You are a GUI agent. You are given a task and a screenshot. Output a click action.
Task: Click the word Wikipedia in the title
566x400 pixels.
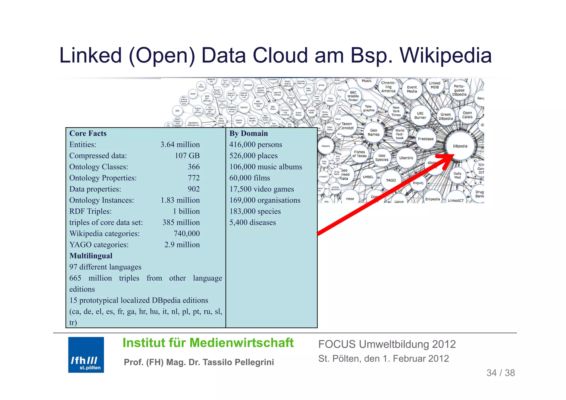tap(446, 56)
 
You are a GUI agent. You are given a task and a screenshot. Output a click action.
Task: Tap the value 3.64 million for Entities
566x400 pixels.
tap(180, 144)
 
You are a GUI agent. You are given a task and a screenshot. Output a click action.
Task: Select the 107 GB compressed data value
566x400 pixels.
tap(187, 156)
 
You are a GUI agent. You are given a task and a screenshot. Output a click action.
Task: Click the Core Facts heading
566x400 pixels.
tap(88, 133)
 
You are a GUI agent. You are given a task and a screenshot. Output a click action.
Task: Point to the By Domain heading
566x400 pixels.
tap(248, 133)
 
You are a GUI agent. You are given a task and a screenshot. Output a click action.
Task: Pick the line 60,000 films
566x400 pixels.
tap(250, 178)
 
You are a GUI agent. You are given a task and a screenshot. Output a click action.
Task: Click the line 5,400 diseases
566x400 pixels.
tap(252, 222)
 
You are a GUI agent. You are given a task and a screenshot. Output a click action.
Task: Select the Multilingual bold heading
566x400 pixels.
tap(91, 256)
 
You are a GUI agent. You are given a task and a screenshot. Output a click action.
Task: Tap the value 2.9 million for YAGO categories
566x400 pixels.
tap(182, 245)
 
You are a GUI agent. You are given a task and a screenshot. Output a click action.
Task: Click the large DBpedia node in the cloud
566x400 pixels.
tap(460, 146)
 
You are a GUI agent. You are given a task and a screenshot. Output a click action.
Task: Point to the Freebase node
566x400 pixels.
tap(426, 139)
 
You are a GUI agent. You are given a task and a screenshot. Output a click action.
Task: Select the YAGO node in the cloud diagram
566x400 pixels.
tap(391, 180)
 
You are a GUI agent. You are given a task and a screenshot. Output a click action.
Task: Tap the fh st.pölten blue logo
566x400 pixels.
tap(86, 355)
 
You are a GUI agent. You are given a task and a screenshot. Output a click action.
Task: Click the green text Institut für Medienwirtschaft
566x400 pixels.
tap(208, 343)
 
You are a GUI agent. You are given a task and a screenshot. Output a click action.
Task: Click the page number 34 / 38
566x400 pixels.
tap(501, 373)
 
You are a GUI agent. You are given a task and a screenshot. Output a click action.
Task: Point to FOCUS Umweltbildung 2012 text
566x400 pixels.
tap(387, 344)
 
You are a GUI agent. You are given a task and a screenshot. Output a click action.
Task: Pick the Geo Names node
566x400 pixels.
tap(374, 132)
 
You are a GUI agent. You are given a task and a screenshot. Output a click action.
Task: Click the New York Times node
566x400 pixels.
tap(396, 111)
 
